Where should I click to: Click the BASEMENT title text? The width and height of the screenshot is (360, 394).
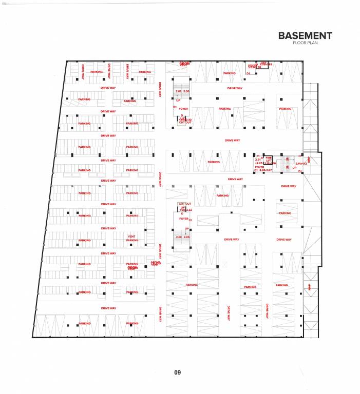[305, 36]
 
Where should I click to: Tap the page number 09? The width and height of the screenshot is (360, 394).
[177, 372]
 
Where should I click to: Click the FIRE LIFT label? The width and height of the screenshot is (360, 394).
[269, 160]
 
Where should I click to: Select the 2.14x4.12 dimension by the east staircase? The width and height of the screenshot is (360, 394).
[301, 163]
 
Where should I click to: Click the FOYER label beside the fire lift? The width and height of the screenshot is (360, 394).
[259, 167]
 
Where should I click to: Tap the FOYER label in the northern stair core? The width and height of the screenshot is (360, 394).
[183, 109]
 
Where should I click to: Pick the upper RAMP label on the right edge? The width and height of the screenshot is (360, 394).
[309, 160]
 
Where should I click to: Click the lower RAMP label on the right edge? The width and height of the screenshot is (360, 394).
[309, 287]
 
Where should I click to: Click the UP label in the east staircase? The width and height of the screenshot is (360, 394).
[294, 168]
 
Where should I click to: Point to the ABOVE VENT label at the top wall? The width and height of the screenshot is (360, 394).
[184, 64]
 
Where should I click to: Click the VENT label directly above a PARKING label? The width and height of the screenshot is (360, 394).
[132, 236]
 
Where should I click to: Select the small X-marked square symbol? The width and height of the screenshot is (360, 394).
[224, 264]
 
